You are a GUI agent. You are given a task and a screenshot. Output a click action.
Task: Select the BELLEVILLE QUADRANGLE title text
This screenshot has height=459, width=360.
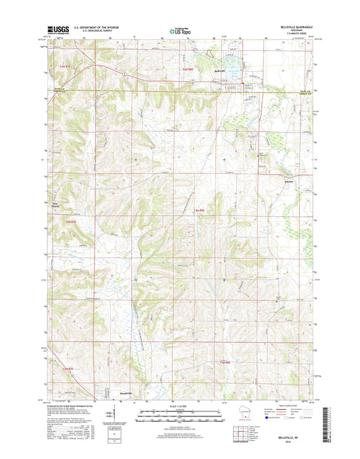290,26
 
